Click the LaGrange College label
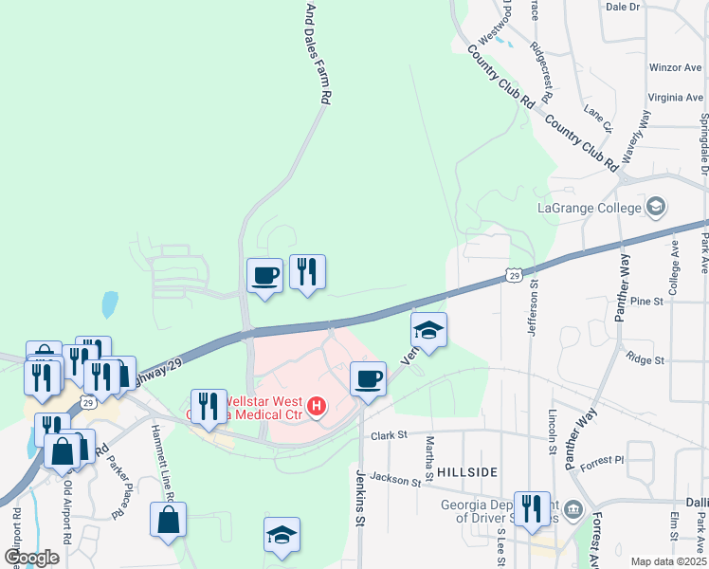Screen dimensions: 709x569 click(x=591, y=208)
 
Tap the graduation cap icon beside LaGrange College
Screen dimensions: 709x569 click(x=655, y=207)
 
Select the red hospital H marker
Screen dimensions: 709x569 click(x=318, y=409)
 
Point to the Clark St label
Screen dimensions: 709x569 click(x=389, y=435)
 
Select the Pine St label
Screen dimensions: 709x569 click(x=646, y=301)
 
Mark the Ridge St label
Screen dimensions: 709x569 click(x=645, y=360)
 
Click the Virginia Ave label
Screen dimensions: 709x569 click(x=676, y=97)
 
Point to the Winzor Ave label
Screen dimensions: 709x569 click(x=676, y=68)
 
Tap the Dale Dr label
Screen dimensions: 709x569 click(x=623, y=7)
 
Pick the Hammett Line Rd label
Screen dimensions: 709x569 click(x=162, y=463)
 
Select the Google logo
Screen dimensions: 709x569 click(x=32, y=558)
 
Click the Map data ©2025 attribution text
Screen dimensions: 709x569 click(x=668, y=561)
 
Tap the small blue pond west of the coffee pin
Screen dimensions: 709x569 click(x=110, y=304)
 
